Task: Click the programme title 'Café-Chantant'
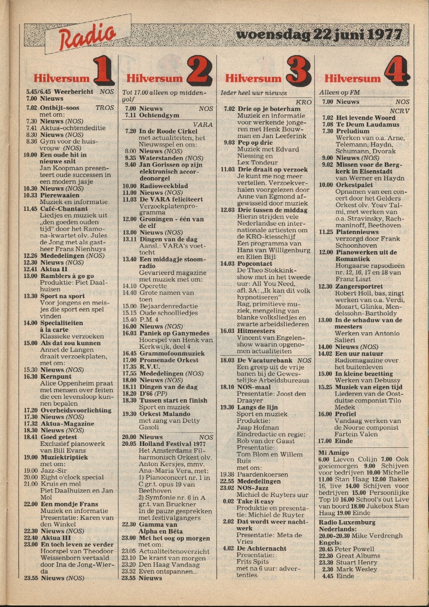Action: [64, 209]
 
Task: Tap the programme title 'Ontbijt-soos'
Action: [58, 107]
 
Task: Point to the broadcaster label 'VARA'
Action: [203, 124]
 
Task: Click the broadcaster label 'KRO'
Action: [304, 102]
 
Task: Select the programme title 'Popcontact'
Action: [255, 264]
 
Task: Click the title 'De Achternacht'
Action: [262, 549]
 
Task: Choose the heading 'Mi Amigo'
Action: [334, 452]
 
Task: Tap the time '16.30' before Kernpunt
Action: [30, 376]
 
